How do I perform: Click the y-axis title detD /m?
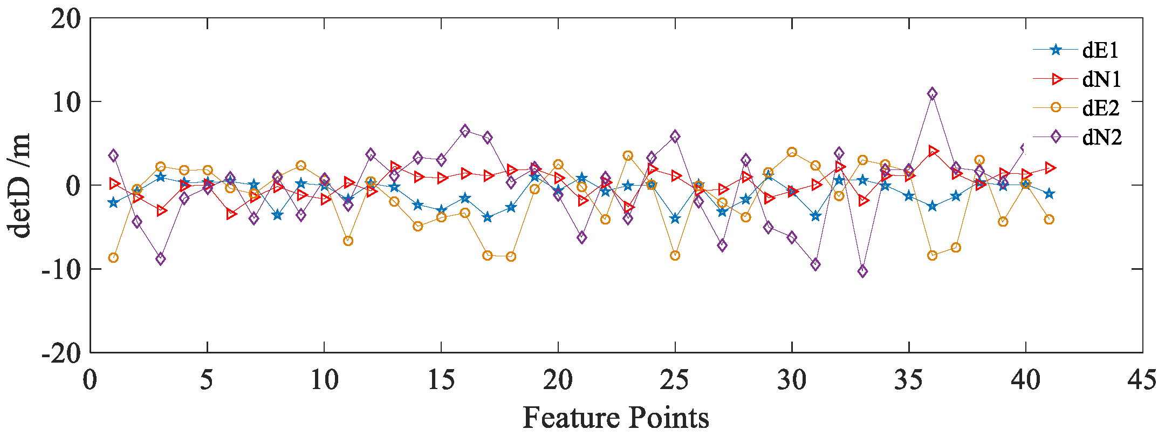[x=20, y=185]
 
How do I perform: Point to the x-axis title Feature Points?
[x=616, y=418]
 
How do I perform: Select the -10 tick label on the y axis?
[x=61, y=269]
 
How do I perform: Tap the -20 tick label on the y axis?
[x=61, y=353]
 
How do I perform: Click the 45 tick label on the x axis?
[x=1142, y=380]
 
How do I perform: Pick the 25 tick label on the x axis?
[x=675, y=380]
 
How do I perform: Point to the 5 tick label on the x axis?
[x=207, y=380]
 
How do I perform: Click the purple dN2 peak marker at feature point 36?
[x=933, y=94]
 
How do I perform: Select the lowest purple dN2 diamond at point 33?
[x=862, y=271]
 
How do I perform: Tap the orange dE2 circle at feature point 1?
[x=113, y=258]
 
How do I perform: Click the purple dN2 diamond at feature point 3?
[x=160, y=259]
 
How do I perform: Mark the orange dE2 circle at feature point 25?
[x=675, y=256]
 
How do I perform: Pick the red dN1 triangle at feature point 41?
[x=1050, y=168]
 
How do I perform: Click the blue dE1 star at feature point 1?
[x=113, y=203]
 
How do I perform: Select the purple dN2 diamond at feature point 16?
[x=465, y=131]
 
